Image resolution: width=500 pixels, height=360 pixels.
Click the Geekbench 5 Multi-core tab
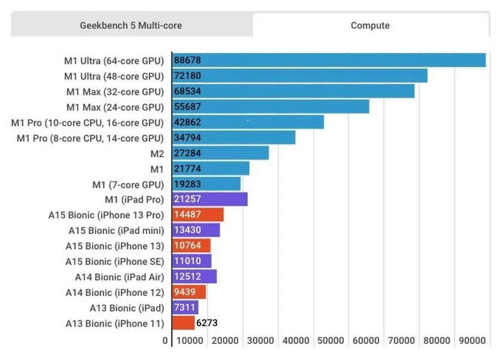pyautogui.click(x=131, y=26)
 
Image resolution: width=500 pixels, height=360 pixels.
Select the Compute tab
pyautogui.click(x=370, y=26)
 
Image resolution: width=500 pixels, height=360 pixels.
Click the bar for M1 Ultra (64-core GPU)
pyautogui.click(x=329, y=60)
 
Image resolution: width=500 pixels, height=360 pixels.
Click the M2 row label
pyautogui.click(x=157, y=154)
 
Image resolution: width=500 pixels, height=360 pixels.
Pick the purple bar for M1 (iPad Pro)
pyautogui.click(x=209, y=199)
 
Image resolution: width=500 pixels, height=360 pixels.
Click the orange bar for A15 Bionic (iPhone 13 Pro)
pyautogui.click(x=198, y=215)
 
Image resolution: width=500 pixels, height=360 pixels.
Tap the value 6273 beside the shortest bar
pyautogui.click(x=206, y=324)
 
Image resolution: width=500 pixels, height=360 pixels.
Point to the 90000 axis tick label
pyautogui.click(x=472, y=341)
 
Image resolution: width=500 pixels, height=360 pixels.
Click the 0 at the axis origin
pyautogui.click(x=166, y=341)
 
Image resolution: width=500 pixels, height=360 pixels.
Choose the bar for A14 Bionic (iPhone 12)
pyautogui.click(x=189, y=292)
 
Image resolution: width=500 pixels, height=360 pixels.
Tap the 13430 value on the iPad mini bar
pyautogui.click(x=187, y=230)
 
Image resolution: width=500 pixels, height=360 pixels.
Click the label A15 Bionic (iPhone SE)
pyautogui.click(x=114, y=261)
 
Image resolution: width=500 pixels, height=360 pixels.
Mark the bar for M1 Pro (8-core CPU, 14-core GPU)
pyautogui.click(x=234, y=138)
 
